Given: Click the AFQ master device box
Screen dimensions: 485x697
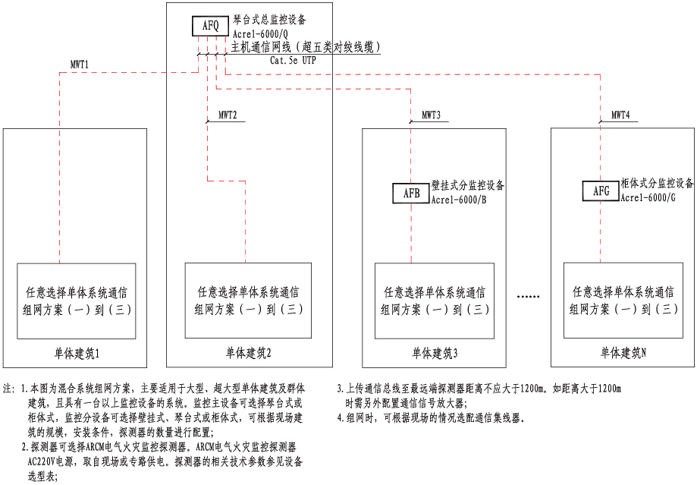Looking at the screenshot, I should pyautogui.click(x=210, y=27).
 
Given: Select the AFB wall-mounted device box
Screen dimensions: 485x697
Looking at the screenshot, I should pyautogui.click(x=411, y=193).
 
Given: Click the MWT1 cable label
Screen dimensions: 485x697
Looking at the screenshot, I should pyautogui.click(x=80, y=65).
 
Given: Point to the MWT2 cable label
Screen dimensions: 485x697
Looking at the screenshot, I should pyautogui.click(x=228, y=116).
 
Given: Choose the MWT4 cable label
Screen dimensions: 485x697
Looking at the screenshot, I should pyautogui.click(x=620, y=116).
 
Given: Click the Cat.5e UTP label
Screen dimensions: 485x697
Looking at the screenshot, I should pyautogui.click(x=293, y=60).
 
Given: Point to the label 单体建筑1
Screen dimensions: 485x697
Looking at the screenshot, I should pyautogui.click(x=77, y=354).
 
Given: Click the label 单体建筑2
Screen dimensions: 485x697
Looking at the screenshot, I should pyautogui.click(x=249, y=354).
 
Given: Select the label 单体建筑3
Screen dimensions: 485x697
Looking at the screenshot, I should pyautogui.click(x=435, y=354).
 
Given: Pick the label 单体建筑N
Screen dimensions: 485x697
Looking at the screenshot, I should pyautogui.click(x=623, y=354).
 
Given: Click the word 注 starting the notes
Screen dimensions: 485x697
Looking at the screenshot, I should pyautogui.click(x=8, y=388).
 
